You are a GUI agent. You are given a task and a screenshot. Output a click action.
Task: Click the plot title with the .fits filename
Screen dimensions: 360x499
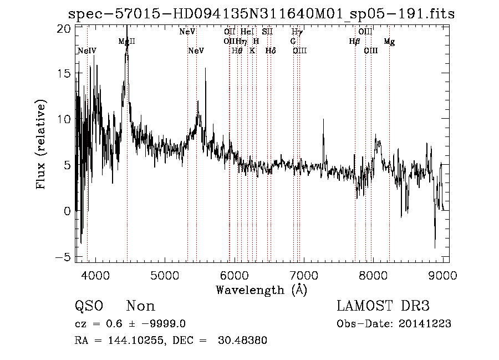[x=261, y=14]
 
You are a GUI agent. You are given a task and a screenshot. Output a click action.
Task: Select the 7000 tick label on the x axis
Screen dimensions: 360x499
[x=304, y=275]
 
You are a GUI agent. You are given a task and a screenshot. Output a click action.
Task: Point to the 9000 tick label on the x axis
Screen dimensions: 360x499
[x=442, y=275]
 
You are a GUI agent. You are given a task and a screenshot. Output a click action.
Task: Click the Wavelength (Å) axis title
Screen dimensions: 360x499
[x=261, y=290]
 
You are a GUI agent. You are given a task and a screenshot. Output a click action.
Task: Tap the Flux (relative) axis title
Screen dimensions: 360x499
[x=41, y=144]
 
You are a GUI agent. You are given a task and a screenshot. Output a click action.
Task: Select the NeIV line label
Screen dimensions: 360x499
[x=87, y=51]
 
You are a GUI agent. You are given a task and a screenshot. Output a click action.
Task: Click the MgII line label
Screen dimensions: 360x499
[x=127, y=42]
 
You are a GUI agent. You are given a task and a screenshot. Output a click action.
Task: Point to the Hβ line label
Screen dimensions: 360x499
[x=355, y=42]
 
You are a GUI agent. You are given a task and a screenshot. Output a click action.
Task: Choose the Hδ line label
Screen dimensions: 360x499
[x=271, y=51]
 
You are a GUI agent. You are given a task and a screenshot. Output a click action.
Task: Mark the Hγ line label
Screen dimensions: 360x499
[x=297, y=32]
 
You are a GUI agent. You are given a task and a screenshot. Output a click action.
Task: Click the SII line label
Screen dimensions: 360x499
[x=268, y=32]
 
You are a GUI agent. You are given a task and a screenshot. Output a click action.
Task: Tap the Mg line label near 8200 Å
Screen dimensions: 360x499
[x=389, y=42]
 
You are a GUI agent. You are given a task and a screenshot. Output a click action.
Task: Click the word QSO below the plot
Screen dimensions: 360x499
[x=89, y=306]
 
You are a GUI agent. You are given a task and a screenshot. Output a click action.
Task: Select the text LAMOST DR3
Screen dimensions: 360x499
[x=383, y=306]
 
